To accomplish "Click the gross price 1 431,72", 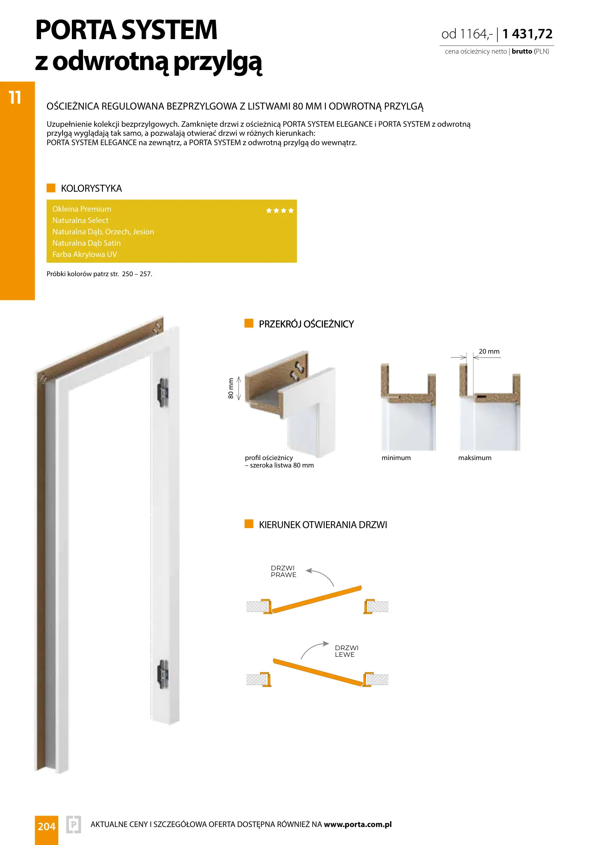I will coord(527,34).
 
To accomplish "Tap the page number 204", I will coord(47,827).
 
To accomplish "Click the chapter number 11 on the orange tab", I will coord(15,97).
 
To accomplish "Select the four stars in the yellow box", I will coord(280,210).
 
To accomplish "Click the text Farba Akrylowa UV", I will coord(84,254).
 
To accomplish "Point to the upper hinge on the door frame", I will coord(163,392).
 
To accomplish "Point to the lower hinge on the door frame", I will coord(163,674).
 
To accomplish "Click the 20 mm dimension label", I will coord(489,351).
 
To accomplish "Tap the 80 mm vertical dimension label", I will coord(231,388).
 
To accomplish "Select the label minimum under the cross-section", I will coord(396,458).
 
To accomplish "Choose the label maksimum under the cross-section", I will coord(475,458).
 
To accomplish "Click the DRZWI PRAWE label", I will coord(283,572).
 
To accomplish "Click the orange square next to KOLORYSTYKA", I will coord(51,188).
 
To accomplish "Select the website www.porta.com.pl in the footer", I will coord(358,825).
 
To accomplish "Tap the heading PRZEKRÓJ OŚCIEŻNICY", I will coord(306,324).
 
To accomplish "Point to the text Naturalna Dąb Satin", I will coord(86,243).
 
